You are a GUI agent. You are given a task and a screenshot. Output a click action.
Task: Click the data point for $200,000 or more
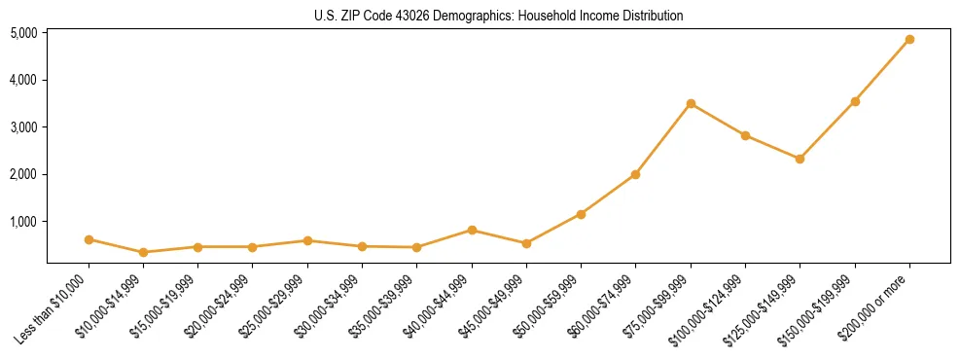point(909,40)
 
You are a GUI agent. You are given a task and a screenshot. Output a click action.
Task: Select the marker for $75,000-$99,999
point(691,104)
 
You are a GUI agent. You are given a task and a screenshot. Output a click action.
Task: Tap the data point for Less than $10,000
point(89,239)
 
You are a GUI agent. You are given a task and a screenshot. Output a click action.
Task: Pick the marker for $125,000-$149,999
point(800,159)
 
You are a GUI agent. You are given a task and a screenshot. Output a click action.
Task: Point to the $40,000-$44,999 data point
point(472,231)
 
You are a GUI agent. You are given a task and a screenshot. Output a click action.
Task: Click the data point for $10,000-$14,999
point(143,252)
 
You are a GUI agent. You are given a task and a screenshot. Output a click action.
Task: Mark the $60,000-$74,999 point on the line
point(635,175)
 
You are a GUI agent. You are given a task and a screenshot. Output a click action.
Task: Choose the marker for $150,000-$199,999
point(855,101)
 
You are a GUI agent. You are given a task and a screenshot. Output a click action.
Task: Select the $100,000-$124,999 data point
point(745,135)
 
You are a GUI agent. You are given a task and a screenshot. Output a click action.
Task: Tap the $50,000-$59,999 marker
point(581,214)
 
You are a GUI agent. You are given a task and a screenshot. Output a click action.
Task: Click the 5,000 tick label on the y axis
point(24,33)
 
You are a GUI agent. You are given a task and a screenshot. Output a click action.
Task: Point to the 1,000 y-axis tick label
point(24,222)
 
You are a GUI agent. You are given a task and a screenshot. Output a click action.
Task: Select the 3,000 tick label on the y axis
point(24,127)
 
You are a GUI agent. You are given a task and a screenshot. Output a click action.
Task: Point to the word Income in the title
point(608,17)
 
